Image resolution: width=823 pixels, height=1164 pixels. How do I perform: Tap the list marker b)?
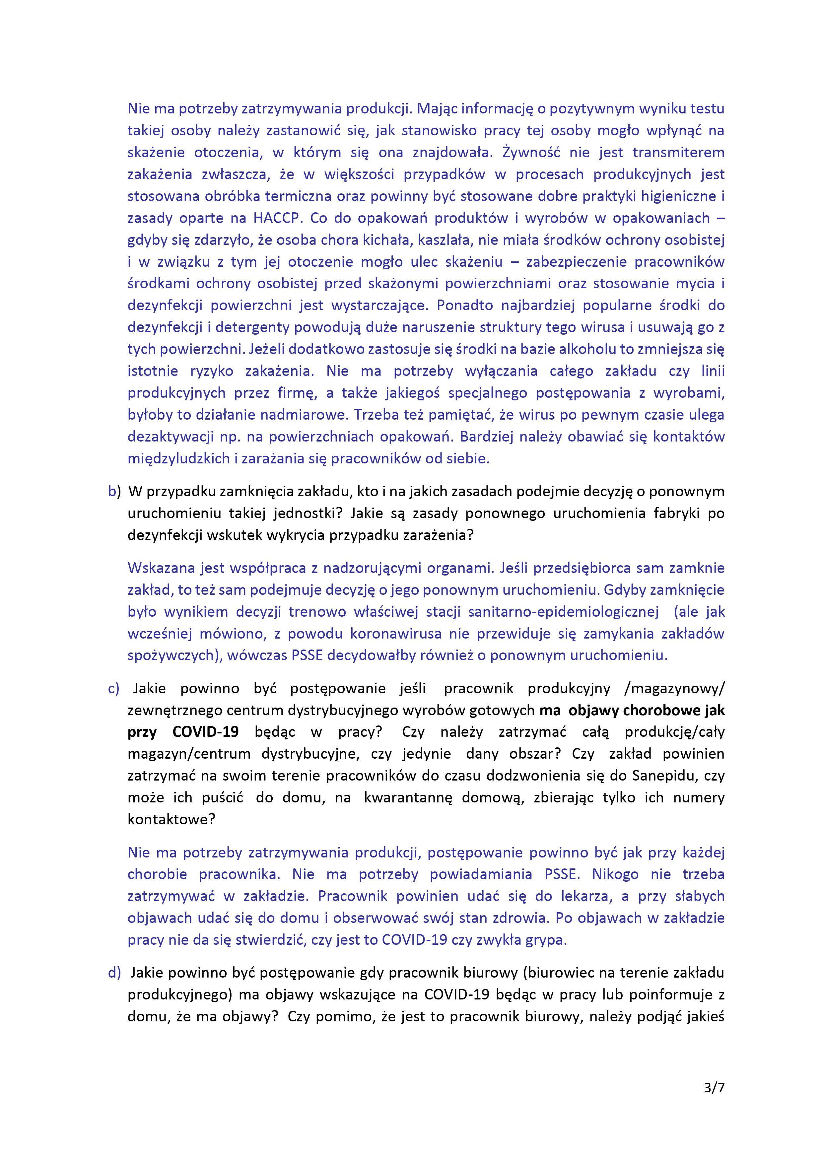(114, 491)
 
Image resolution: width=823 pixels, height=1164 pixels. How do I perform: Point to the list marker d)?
(114, 972)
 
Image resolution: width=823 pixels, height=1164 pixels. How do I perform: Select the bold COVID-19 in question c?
(205, 732)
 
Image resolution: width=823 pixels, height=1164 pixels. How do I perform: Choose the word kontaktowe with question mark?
(171, 819)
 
